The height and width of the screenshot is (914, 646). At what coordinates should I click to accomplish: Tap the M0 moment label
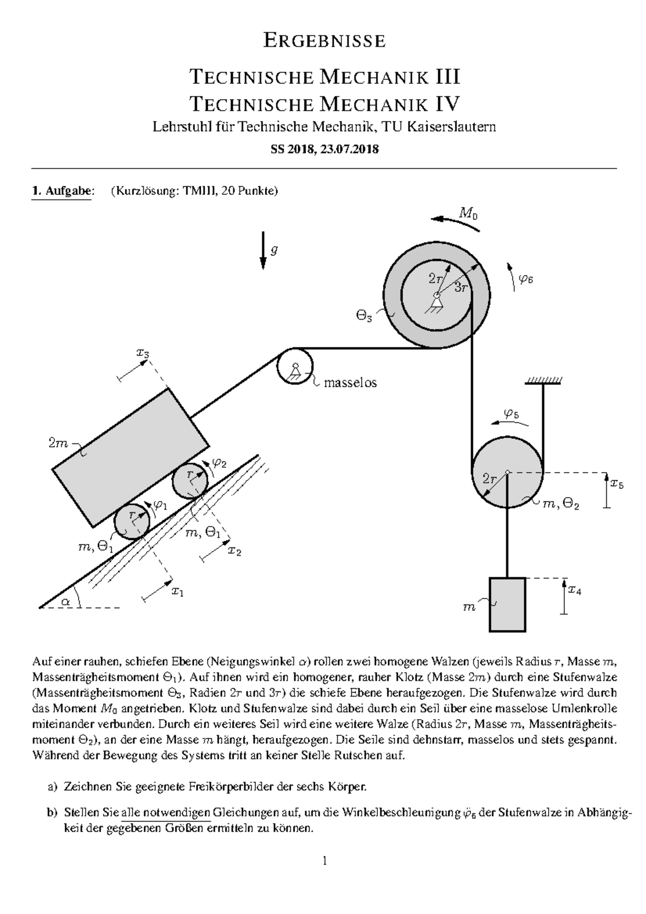468,214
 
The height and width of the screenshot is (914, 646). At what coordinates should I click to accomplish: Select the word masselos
350,383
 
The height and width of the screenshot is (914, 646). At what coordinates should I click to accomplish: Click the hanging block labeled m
507,604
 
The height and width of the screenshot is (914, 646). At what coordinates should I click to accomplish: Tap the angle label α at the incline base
66,602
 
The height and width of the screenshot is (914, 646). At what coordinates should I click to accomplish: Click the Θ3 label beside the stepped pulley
364,317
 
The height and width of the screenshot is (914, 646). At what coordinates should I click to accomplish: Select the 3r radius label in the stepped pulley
461,287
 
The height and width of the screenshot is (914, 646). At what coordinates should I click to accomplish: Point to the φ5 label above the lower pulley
511,413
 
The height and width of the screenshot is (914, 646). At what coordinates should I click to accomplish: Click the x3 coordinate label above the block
143,353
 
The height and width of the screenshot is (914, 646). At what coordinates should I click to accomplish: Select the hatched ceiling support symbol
543,381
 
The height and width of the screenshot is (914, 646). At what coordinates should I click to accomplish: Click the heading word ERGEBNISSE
324,41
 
